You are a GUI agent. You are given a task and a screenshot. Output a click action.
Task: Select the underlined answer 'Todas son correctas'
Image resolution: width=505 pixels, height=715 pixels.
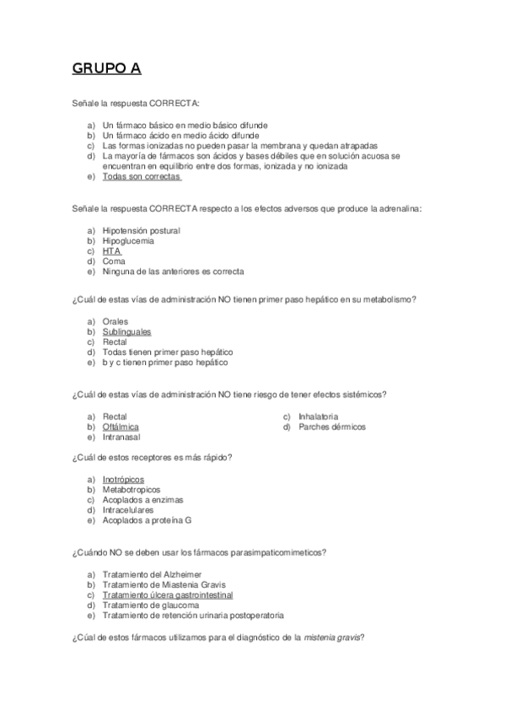click(x=142, y=177)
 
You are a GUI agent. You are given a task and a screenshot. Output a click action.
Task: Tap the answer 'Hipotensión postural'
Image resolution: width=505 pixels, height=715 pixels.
click(x=141, y=230)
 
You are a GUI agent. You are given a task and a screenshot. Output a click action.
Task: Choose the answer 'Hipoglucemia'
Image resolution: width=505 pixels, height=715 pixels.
click(x=128, y=240)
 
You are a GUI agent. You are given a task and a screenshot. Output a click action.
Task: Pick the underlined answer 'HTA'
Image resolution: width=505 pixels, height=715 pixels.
click(x=112, y=251)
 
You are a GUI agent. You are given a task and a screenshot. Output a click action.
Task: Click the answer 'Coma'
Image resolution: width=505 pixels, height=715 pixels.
click(x=114, y=261)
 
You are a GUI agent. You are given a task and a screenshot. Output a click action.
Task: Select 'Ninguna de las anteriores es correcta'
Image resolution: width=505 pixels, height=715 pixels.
click(x=173, y=271)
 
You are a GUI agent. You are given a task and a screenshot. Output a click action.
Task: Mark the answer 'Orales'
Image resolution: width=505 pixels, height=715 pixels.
click(x=116, y=321)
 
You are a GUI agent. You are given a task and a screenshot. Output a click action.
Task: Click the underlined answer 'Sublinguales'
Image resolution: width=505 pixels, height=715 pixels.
click(x=126, y=331)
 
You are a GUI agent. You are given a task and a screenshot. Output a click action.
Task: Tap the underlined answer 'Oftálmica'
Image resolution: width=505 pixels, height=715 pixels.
click(x=121, y=427)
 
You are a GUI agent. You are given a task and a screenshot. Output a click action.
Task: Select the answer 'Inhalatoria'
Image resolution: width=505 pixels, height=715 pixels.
click(x=319, y=417)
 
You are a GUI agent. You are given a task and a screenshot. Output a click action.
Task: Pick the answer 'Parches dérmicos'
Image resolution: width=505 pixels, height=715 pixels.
click(x=332, y=427)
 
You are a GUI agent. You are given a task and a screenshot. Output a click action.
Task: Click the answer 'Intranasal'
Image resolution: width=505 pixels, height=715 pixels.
click(x=121, y=437)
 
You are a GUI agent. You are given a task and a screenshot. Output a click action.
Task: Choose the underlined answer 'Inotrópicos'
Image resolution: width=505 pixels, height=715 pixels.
click(x=123, y=479)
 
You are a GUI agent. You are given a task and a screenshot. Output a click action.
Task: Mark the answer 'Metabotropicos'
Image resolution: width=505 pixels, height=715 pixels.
click(x=131, y=489)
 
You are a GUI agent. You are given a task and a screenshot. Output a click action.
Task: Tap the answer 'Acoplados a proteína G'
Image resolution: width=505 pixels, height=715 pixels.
click(x=147, y=520)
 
